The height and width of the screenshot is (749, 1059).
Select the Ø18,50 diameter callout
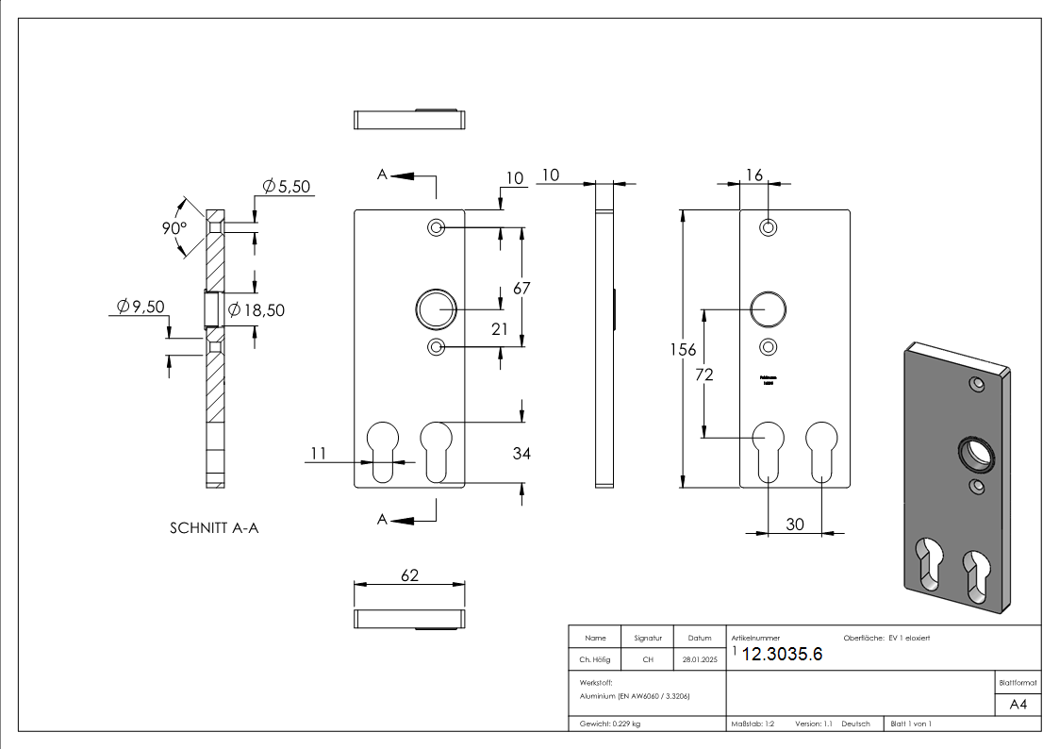pos(256,309)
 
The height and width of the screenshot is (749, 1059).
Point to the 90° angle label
pos(174,229)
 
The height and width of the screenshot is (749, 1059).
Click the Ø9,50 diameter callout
pos(141,307)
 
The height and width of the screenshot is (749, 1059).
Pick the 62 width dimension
pos(409,575)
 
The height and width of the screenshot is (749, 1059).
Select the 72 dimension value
pos(703,374)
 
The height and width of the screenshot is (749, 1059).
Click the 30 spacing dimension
pos(795,524)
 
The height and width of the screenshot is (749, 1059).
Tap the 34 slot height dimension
pos(521,454)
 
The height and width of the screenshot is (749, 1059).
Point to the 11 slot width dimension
pos(318,454)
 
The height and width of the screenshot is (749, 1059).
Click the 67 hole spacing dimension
pos(521,289)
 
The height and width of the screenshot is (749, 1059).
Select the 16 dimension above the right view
pos(753,175)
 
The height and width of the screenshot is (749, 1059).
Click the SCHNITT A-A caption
pos(214,528)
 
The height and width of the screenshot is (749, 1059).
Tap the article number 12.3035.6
pos(782,656)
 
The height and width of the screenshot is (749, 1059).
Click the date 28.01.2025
pos(699,659)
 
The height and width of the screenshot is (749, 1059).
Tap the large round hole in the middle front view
pos(436,308)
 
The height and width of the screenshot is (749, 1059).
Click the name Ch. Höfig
pos(595,659)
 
